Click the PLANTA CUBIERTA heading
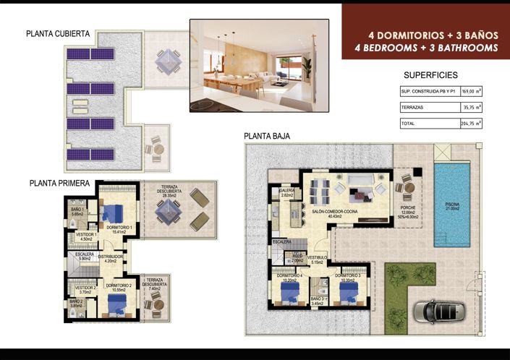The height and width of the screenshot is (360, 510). point(58,33)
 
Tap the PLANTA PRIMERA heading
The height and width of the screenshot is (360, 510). point(59,184)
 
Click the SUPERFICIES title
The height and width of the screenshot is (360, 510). point(430,75)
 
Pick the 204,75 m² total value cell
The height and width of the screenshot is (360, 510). point(472,124)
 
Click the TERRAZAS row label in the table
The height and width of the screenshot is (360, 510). point(413,107)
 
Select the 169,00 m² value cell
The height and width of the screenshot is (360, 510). point(472,92)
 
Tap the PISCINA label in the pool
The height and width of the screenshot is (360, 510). point(452,205)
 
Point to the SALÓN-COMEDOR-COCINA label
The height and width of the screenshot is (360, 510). point(333,212)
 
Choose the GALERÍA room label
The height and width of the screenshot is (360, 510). point(286,191)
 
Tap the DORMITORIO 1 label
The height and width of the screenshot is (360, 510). point(119,228)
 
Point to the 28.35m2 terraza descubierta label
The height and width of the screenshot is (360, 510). point(170,193)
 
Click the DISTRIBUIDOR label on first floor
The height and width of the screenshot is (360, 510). point(111,257)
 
